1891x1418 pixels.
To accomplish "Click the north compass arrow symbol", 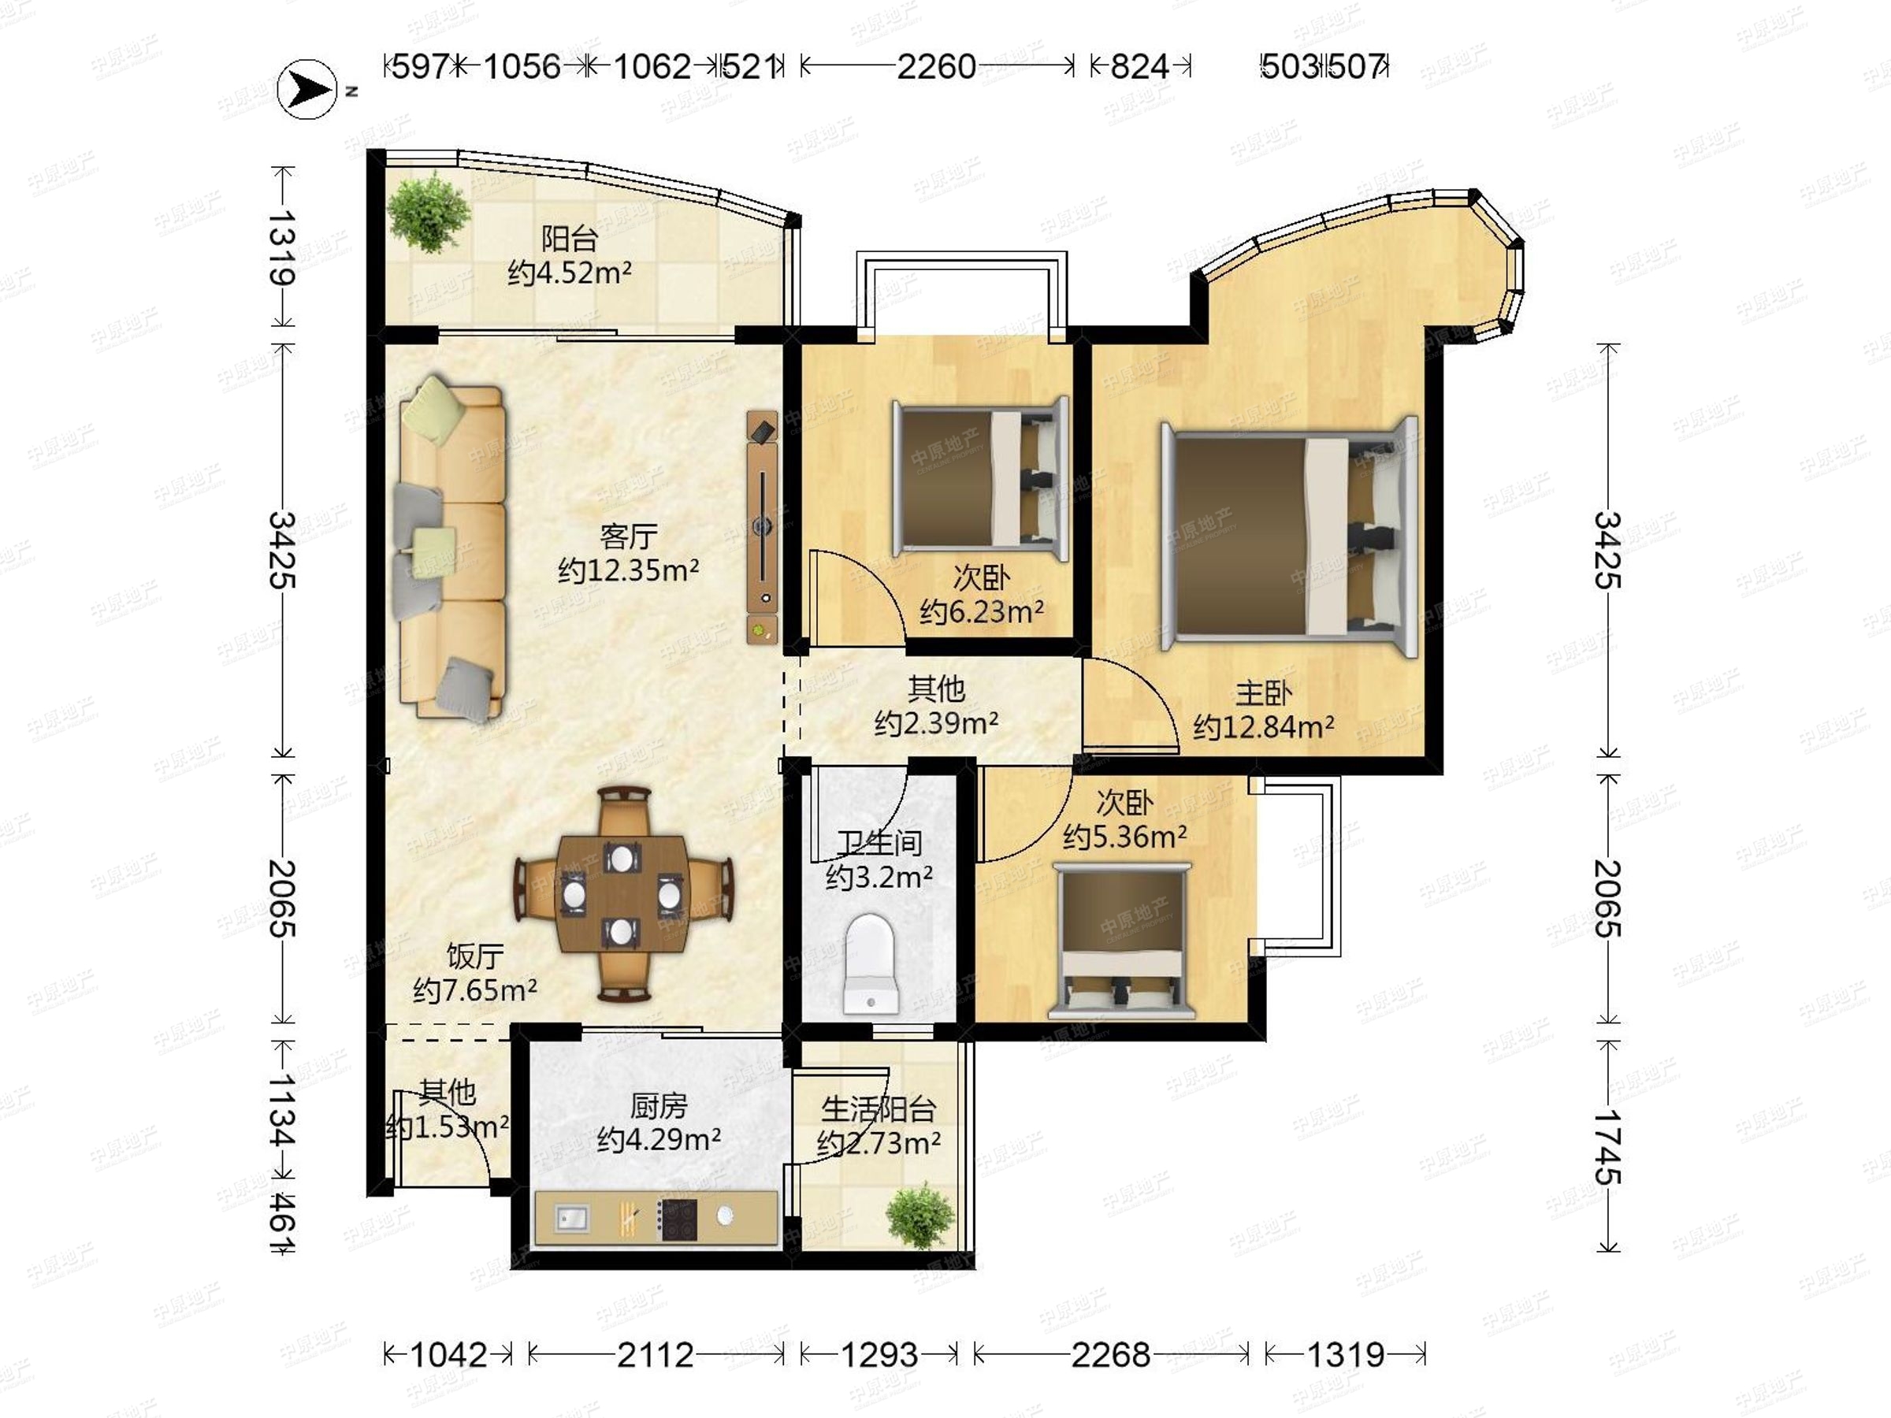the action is [x=307, y=89].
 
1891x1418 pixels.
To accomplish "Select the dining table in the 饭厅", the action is [x=622, y=893].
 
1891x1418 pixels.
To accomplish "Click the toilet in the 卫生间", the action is [x=871, y=963].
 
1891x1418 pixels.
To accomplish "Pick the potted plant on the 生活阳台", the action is [x=919, y=1216].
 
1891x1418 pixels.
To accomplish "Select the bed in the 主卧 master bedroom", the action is [x=1289, y=536].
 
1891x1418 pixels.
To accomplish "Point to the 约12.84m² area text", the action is [x=1264, y=726].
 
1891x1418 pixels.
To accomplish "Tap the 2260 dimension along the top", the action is [x=936, y=67].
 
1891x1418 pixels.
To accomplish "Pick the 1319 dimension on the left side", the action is [x=282, y=248].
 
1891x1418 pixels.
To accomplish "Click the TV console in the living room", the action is [x=763, y=526].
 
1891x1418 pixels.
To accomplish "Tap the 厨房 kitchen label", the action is [x=658, y=1106].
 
